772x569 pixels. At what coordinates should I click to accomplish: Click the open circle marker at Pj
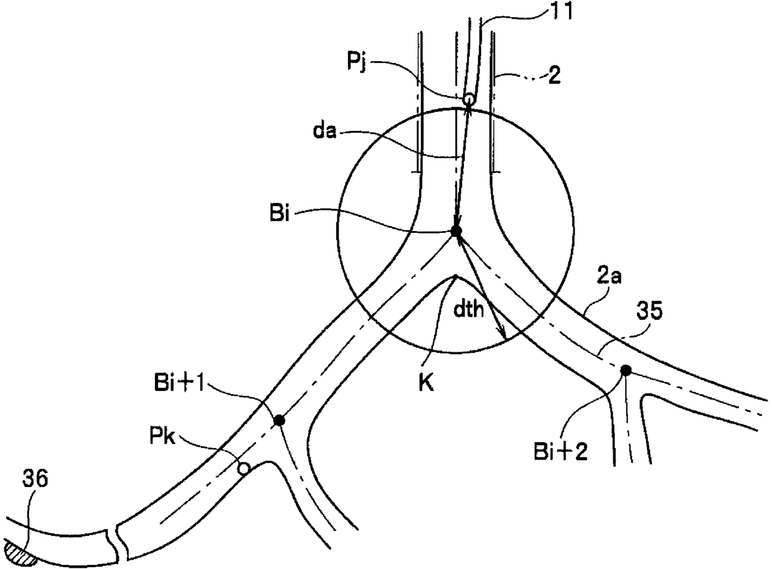[x=468, y=98]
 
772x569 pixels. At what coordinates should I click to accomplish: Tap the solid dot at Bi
[x=456, y=231]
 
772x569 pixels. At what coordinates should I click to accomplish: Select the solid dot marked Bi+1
[x=280, y=421]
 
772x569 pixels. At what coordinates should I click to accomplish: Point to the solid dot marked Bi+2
[x=626, y=370]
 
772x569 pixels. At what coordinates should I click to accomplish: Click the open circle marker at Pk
[x=245, y=467]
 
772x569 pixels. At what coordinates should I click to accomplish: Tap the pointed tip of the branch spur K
[x=456, y=276]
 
